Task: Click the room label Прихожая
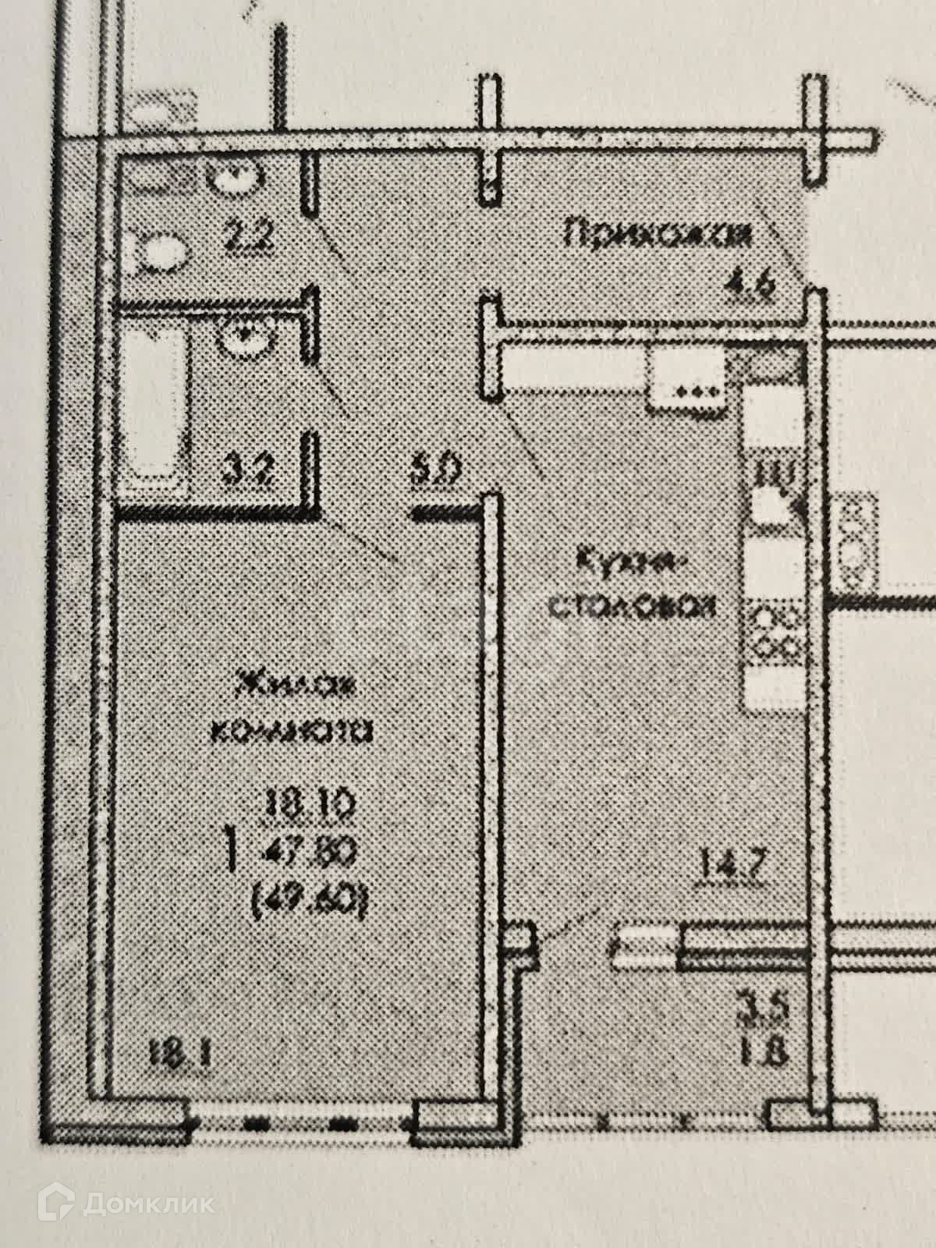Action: (659, 233)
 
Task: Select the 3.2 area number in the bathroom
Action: (243, 473)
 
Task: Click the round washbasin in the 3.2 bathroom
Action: (243, 337)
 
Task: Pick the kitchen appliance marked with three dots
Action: (686, 376)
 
